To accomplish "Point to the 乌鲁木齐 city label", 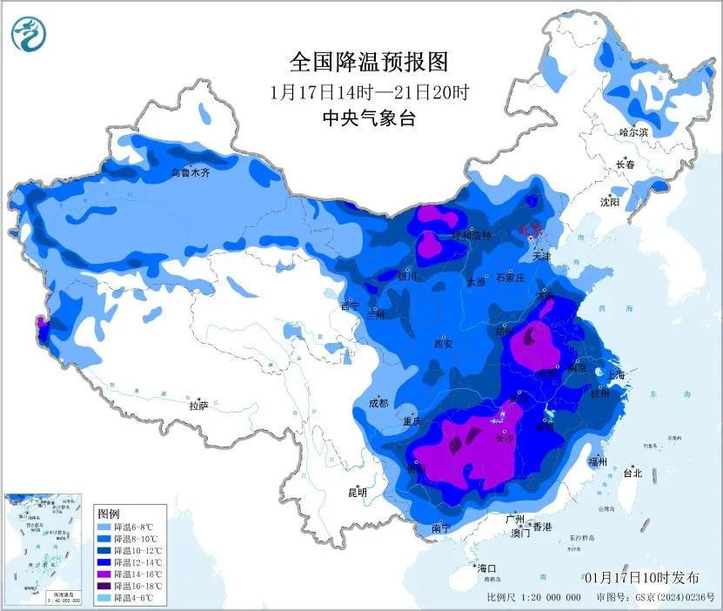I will point(190,173).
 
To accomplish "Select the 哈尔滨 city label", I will point(633,132).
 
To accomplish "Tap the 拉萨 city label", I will point(199,405).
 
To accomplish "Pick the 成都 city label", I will point(378,403).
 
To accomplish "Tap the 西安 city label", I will point(442,343).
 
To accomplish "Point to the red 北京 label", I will point(530,228).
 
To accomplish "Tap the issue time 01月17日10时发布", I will point(641,578).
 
